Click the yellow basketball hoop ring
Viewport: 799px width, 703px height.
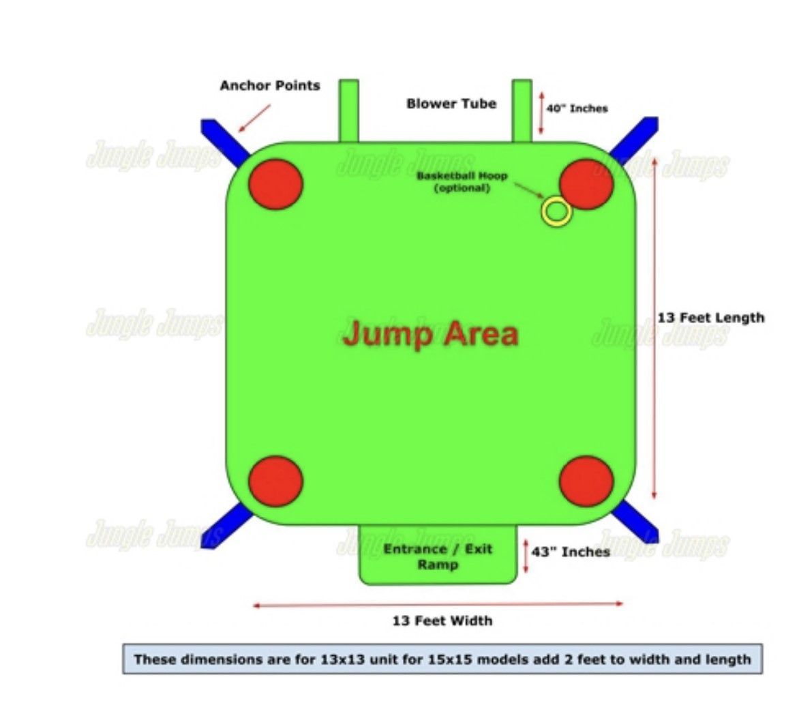556,212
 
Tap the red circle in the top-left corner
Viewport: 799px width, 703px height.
275,184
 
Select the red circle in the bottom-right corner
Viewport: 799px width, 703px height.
586,481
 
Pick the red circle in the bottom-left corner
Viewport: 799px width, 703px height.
275,481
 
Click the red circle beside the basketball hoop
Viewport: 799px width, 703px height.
587,183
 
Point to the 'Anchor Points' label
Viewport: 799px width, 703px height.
270,86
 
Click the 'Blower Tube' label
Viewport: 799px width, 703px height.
451,104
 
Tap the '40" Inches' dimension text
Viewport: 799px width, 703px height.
577,108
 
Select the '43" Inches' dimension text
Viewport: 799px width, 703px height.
571,552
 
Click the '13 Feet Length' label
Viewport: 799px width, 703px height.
711,318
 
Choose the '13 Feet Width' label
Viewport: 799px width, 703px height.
442,620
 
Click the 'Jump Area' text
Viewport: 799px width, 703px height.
430,334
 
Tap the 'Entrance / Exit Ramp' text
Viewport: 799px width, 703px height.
438,557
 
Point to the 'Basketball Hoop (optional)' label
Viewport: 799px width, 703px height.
462,181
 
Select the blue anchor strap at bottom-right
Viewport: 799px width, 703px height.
637,524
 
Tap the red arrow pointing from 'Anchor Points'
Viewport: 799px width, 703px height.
255,117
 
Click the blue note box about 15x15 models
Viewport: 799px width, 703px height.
442,659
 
